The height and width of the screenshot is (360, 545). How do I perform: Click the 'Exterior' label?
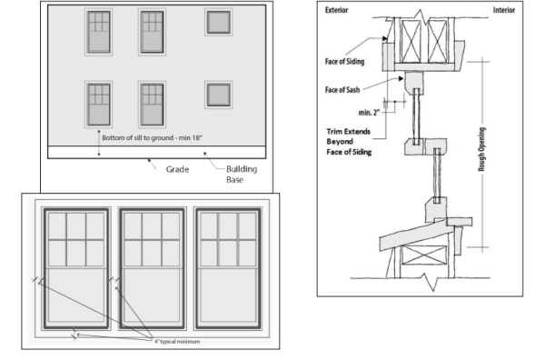(x=336, y=10)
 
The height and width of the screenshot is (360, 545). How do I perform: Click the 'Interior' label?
(x=504, y=10)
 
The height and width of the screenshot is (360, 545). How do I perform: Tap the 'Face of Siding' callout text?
(x=345, y=62)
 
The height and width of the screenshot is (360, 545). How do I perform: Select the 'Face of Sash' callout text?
(x=342, y=90)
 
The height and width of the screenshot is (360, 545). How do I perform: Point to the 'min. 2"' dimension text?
(x=369, y=113)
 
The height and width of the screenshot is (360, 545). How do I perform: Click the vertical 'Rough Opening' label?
(x=481, y=149)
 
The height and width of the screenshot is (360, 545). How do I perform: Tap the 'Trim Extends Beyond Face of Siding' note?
(x=349, y=142)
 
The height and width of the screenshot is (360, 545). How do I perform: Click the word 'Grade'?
(x=178, y=169)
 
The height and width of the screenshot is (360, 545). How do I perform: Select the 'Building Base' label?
(x=242, y=175)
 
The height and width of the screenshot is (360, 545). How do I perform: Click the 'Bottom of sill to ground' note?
(x=152, y=138)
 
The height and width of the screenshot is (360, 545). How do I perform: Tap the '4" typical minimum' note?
(x=177, y=342)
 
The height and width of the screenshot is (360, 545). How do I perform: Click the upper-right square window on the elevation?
(x=219, y=22)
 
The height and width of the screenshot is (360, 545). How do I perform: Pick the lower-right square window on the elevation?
(x=219, y=95)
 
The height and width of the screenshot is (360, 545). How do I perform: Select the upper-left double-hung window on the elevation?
(x=99, y=32)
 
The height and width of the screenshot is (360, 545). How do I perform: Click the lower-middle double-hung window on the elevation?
(x=152, y=105)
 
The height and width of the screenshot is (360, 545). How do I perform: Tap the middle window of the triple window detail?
(x=152, y=268)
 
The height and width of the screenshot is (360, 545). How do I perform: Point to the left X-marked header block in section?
(x=411, y=41)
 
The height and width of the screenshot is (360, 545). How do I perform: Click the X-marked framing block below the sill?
(x=423, y=255)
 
